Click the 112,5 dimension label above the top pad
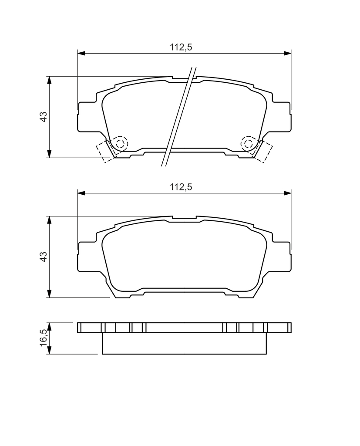(x=181, y=47)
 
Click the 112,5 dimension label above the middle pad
(x=181, y=187)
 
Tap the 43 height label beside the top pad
(x=43, y=117)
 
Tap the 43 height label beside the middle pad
(x=43, y=257)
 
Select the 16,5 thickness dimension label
(x=43, y=338)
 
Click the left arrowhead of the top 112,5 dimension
(x=81, y=53)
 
